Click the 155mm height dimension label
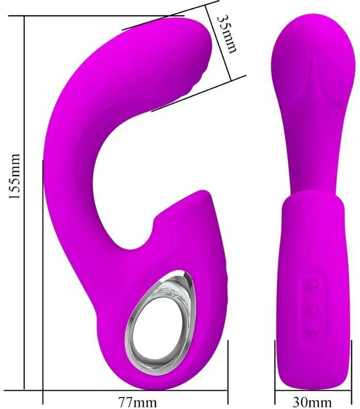[x=14, y=176]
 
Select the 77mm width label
[x=137, y=402]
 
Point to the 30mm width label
[x=312, y=402]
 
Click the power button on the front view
[x=313, y=309]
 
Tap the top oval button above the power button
[x=313, y=283]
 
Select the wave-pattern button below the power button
[x=313, y=333]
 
